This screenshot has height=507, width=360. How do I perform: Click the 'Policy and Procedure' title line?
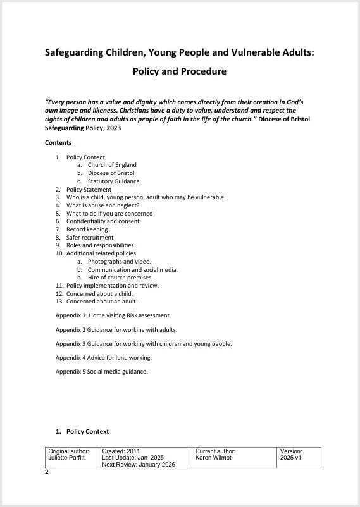tap(179, 71)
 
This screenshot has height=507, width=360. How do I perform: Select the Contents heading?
tap(58, 143)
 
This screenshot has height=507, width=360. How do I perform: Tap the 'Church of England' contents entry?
tap(112, 165)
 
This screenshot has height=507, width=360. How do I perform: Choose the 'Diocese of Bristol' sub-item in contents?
tap(111, 173)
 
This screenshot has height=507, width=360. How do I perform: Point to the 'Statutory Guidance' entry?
tap(113, 181)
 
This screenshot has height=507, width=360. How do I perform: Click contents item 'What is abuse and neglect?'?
tap(102, 205)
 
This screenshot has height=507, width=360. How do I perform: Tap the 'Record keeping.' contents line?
tap(88, 229)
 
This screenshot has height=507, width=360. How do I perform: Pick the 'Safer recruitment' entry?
tap(90, 238)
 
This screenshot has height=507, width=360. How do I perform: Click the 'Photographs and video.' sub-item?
tap(120, 262)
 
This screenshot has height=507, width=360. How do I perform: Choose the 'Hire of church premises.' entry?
tap(120, 278)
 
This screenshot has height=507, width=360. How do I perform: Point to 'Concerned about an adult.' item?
tap(102, 302)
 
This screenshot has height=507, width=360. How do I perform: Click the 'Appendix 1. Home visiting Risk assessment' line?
tap(113, 315)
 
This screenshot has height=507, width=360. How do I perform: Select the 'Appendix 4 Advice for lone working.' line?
tap(104, 358)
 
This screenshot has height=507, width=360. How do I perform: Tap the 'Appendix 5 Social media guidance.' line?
tap(102, 372)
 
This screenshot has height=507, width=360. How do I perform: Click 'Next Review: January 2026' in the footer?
tap(138, 465)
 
